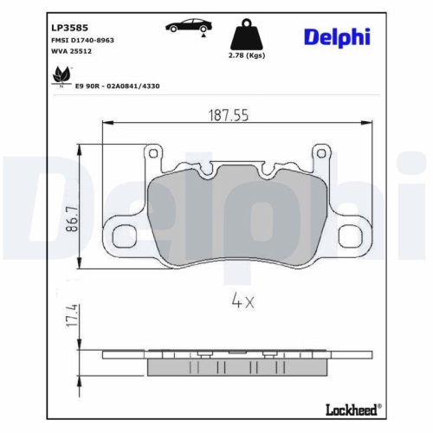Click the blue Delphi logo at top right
tap(336, 36)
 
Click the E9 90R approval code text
tap(116, 87)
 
